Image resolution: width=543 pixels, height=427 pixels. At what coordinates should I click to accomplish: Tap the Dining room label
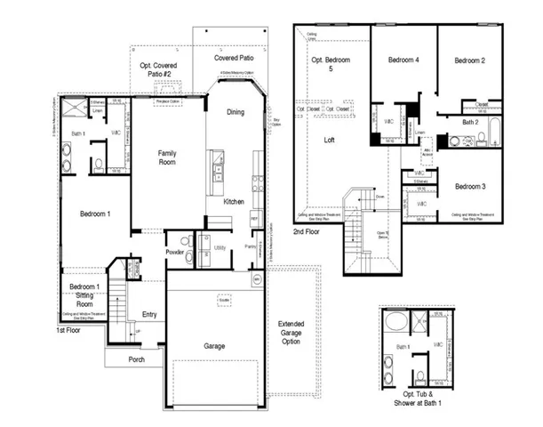point(236,112)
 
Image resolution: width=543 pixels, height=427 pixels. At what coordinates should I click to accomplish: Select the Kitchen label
point(234,202)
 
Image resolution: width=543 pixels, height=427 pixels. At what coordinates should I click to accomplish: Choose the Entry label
point(149,314)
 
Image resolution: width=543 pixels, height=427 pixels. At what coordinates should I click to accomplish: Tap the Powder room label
point(174,252)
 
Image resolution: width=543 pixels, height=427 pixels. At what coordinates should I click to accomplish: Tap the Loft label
point(330,140)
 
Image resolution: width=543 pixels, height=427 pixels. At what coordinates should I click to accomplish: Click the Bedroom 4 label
point(403,60)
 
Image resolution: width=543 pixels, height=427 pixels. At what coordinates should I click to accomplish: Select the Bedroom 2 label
point(470,60)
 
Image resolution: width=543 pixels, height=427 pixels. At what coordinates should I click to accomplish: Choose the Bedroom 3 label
point(470,187)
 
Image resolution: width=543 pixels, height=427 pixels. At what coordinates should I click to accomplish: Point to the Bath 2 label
point(470,122)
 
